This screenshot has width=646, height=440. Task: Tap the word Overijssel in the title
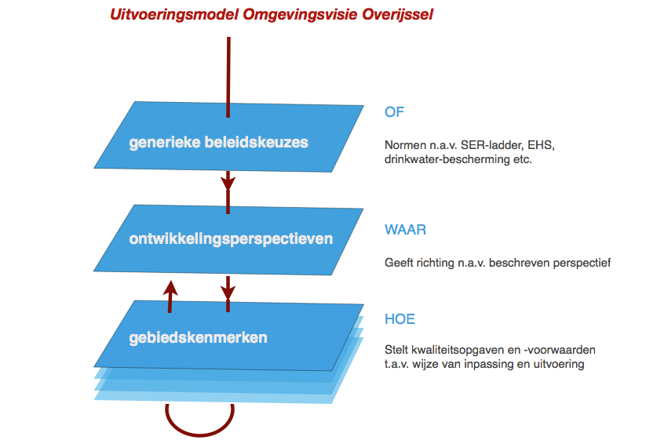point(398,14)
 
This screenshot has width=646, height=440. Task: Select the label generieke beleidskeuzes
point(218,143)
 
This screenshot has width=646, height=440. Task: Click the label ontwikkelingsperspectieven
point(231,239)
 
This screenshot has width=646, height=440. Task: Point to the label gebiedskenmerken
point(198,338)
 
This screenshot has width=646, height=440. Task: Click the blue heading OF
point(394,112)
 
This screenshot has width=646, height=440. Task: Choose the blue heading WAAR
point(405,230)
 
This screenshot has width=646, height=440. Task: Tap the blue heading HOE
point(400,319)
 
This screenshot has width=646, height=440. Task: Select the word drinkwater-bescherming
point(447,159)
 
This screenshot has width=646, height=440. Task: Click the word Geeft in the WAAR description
point(399,263)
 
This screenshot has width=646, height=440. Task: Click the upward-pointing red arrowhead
point(170,288)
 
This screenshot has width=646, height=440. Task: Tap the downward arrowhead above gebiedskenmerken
point(228,293)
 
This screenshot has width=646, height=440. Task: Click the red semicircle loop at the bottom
point(200,435)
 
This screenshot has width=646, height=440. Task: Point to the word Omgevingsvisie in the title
point(301,15)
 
